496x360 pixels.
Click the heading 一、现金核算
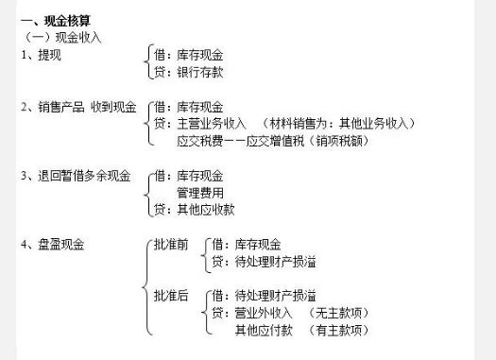coord(58,19)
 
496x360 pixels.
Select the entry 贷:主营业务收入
coord(199,123)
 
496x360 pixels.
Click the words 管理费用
coord(200,193)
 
